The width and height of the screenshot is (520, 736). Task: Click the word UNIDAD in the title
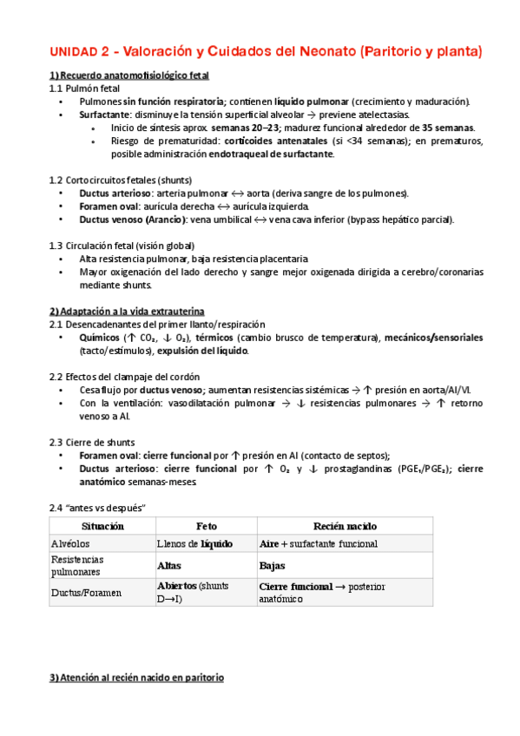(76, 51)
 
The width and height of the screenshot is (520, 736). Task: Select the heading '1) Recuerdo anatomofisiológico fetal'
(128, 76)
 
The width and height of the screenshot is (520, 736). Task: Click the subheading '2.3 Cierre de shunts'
(92, 442)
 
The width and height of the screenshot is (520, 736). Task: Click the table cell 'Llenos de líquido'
(195, 543)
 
